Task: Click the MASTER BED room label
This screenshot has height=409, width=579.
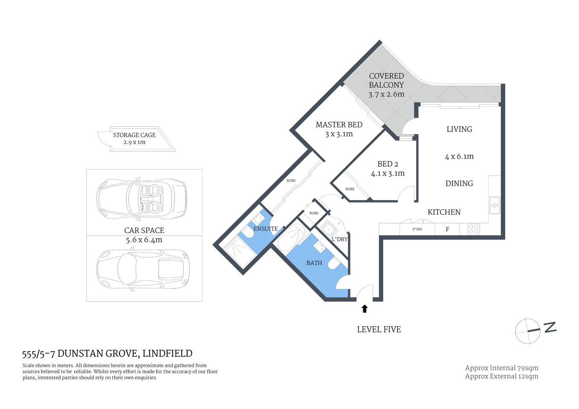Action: point(339,125)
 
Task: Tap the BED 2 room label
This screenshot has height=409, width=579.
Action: point(388,164)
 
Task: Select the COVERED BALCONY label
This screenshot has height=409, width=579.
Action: point(386,81)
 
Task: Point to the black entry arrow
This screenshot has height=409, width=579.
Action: point(365,308)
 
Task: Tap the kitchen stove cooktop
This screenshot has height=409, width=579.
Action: point(474,229)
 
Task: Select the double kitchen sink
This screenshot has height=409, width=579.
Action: point(495,205)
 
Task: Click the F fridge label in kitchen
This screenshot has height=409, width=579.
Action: point(447,229)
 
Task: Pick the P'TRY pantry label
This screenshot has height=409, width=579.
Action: point(417,229)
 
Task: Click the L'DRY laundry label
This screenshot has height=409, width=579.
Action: point(339,239)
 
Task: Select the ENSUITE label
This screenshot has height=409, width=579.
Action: point(266,229)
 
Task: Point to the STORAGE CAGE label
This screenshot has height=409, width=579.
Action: point(134,135)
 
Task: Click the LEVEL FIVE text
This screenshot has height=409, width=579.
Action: point(379,329)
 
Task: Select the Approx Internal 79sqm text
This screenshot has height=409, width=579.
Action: point(501,368)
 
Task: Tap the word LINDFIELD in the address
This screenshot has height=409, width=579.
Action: point(167,353)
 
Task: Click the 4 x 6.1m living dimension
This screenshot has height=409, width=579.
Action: point(459,156)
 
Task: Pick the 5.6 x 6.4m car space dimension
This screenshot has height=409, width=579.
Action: point(144,240)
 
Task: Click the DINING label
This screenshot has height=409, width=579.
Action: point(459,183)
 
